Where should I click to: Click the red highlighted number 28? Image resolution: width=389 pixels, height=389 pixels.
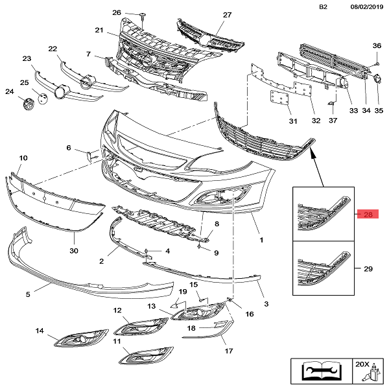tap(368, 215)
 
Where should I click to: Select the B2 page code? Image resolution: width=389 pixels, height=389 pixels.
tap(324, 6)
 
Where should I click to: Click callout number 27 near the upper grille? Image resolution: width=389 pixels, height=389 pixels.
tap(228, 14)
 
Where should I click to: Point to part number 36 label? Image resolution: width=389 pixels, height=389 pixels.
tap(377, 45)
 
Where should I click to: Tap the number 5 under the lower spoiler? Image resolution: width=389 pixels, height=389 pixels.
tap(29, 294)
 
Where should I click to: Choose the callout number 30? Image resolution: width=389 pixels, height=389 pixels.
tap(73, 250)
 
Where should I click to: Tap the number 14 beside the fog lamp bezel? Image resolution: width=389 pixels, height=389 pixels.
tap(40, 331)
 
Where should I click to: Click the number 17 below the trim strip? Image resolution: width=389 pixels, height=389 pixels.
tap(228, 351)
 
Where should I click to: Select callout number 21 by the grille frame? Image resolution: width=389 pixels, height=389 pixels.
tap(99, 30)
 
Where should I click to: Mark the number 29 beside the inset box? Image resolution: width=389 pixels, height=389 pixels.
tap(368, 268)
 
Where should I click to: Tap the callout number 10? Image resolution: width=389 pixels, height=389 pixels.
tap(23, 158)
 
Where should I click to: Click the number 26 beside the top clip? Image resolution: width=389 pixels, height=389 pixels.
tap(117, 13)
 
